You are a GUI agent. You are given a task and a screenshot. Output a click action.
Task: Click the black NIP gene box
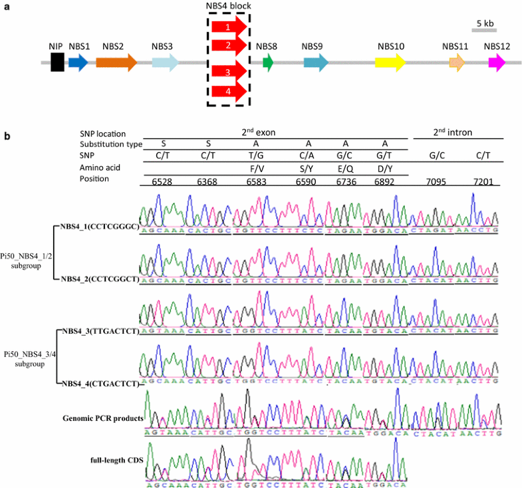(x=57, y=63)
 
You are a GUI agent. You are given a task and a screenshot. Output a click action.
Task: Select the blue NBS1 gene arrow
(x=78, y=63)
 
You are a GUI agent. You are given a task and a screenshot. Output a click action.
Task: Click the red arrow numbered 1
(x=228, y=28)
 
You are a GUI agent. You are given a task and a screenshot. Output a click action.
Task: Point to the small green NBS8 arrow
(x=268, y=63)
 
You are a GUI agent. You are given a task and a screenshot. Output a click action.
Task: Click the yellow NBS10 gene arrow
(x=390, y=63)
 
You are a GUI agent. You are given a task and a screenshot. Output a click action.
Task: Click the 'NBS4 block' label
(x=228, y=6)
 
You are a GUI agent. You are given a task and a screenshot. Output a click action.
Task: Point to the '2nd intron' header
(x=454, y=132)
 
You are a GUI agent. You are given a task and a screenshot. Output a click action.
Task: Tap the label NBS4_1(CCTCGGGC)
(x=98, y=225)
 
